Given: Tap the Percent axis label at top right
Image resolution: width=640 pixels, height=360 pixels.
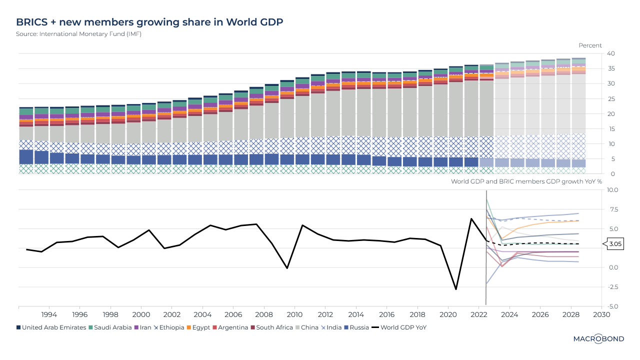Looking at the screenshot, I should (590, 45).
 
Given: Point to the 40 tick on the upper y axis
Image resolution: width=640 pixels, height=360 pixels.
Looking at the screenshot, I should (611, 53).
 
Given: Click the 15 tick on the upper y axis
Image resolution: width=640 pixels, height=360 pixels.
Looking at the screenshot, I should (610, 129).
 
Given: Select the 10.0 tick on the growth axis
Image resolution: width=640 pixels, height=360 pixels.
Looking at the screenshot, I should (612, 190).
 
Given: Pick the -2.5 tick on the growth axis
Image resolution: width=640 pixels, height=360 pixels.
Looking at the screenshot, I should (612, 287).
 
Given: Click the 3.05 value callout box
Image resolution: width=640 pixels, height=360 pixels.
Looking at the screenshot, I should (615, 244).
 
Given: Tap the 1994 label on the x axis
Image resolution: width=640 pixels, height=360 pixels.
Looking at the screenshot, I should (49, 315).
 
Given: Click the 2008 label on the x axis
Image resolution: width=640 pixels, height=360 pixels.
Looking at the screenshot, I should (264, 315).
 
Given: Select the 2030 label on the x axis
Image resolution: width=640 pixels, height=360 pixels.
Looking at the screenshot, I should (601, 315).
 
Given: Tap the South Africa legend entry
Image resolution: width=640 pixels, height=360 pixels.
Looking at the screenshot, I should (274, 327).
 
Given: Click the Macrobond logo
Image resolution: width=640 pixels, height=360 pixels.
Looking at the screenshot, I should (598, 339).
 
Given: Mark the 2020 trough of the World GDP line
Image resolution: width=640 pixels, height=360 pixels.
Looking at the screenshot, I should (456, 289).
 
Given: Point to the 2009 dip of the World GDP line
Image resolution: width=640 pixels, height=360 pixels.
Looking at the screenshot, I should (287, 268).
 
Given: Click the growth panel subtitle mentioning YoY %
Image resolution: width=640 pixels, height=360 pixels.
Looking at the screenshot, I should (526, 181).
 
